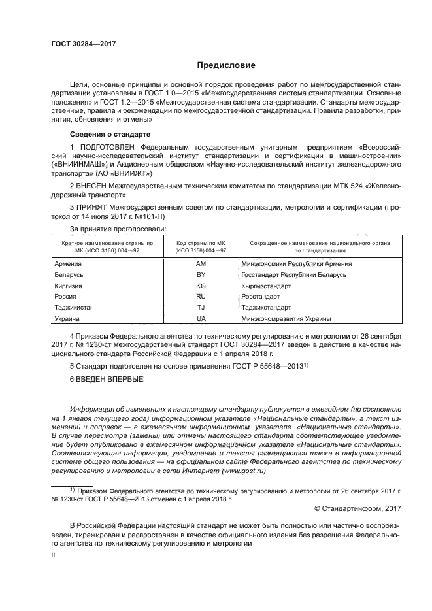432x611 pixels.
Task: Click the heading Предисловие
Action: (222, 65)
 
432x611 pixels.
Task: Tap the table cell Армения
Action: (68, 263)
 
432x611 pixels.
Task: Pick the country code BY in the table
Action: (201, 274)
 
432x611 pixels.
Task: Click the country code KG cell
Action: (201, 286)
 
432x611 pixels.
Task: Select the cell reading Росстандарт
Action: (263, 297)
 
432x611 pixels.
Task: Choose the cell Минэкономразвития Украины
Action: (286, 318)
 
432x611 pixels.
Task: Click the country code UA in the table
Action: (201, 318)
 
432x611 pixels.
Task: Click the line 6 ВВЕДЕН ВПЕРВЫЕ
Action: (106, 379)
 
